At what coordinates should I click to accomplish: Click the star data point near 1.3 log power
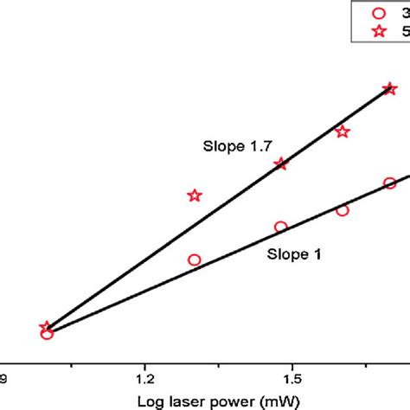click(x=195, y=195)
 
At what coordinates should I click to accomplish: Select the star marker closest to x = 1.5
click(x=280, y=163)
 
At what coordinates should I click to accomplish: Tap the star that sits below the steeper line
click(x=343, y=131)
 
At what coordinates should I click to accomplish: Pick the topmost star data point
click(x=389, y=88)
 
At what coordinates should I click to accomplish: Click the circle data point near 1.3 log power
click(x=194, y=259)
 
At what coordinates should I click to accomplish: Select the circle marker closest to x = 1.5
click(x=280, y=227)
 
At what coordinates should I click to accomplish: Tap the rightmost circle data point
click(x=390, y=183)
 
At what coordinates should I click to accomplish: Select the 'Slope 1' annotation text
click(x=291, y=255)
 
